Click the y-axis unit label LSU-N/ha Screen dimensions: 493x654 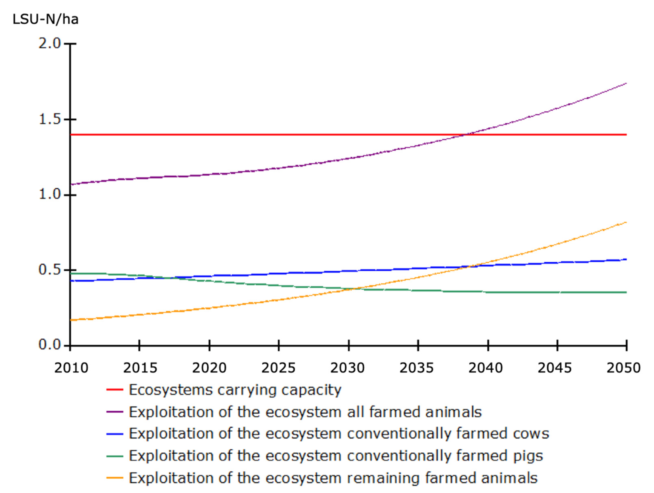[x=46, y=19]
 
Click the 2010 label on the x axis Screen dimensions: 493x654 [x=71, y=368]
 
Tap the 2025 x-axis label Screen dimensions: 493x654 [x=278, y=368]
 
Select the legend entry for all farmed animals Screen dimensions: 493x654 [x=305, y=412]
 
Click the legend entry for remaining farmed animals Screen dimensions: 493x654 [x=333, y=478]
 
